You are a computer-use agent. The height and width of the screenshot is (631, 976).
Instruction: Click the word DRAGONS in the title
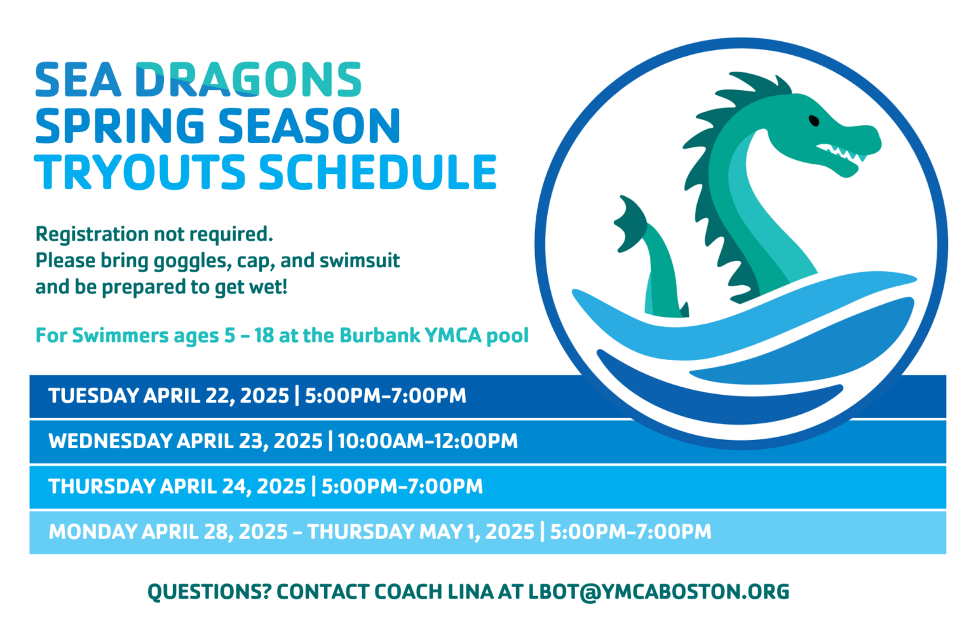tap(248, 81)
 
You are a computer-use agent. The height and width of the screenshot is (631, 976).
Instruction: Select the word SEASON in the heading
tap(309, 126)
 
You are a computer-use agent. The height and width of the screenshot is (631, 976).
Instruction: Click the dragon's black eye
tap(813, 120)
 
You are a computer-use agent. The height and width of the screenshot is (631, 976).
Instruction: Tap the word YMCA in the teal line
tap(452, 335)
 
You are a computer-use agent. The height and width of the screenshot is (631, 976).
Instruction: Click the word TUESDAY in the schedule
tap(93, 396)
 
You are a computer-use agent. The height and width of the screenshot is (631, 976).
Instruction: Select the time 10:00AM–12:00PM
tap(428, 441)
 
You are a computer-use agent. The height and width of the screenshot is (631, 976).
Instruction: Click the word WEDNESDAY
tap(110, 441)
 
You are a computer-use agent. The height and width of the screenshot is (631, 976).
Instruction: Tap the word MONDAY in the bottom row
tap(92, 532)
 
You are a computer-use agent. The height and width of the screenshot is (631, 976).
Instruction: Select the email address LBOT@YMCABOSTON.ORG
tap(659, 592)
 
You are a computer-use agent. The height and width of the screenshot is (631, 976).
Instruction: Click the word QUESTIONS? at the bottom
tap(209, 592)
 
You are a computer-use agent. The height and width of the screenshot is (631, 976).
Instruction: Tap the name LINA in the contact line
tap(470, 592)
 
